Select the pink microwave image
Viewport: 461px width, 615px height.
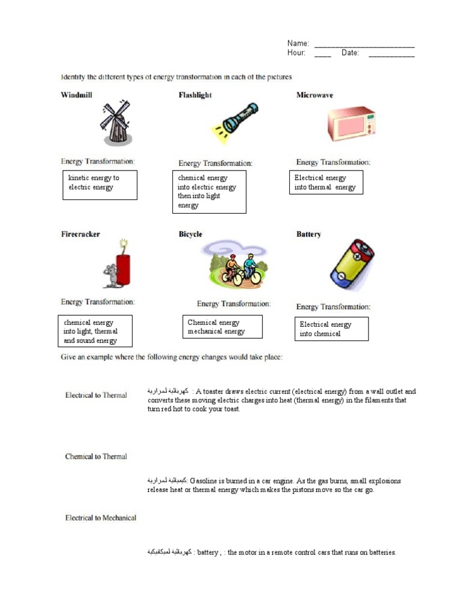pos(351,124)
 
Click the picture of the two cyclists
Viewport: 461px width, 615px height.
pos(235,264)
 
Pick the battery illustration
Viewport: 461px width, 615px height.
pos(351,265)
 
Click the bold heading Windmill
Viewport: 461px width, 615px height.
pos(76,95)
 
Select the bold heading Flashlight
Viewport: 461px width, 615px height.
pos(195,95)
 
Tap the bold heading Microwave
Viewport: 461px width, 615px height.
pos(315,95)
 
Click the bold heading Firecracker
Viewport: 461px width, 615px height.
pos(80,234)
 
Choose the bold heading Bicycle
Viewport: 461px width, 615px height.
pos(190,234)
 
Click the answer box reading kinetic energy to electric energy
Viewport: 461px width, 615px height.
pos(100,184)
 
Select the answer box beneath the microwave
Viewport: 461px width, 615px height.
pos(326,183)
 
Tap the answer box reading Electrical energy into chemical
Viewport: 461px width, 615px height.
pos(331,329)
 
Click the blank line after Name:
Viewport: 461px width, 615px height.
pos(364,45)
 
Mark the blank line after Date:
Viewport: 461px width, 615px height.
pos(391,55)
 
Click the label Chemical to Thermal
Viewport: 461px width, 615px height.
pos(96,456)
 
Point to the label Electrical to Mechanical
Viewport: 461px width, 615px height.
pos(101,518)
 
